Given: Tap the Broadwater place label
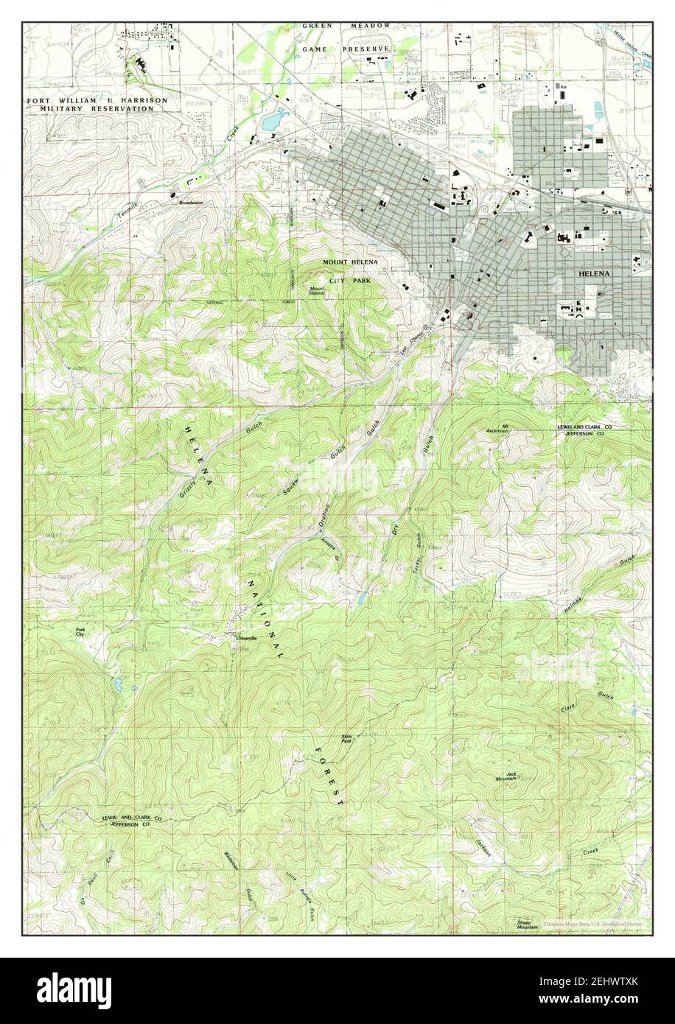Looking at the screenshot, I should (x=190, y=202).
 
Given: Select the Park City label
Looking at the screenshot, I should (x=80, y=631).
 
